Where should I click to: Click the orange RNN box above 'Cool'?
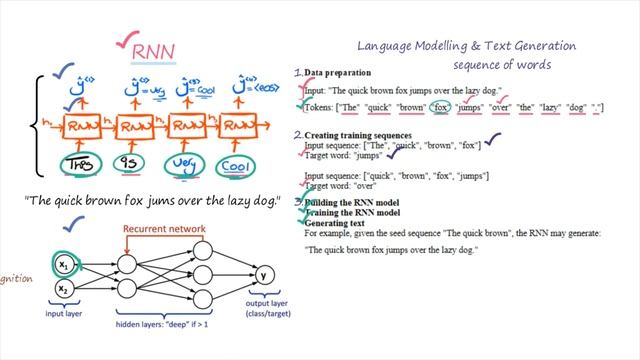(240, 126)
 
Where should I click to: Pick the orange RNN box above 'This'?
(85, 127)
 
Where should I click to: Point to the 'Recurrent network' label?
(164, 229)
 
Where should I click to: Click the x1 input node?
(62, 266)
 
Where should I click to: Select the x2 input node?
(62, 290)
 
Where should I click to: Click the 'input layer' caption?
(62, 313)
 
